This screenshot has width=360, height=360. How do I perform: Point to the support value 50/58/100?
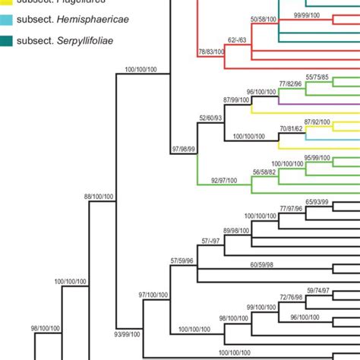coord(264,17)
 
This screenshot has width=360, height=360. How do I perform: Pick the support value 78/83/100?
coord(210,52)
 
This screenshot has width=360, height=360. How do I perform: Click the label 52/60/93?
coord(210,118)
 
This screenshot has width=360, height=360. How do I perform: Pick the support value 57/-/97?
coord(213,241)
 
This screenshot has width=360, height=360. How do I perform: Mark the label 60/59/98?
coord(264,264)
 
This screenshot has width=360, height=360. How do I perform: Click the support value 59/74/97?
coord(319,290)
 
